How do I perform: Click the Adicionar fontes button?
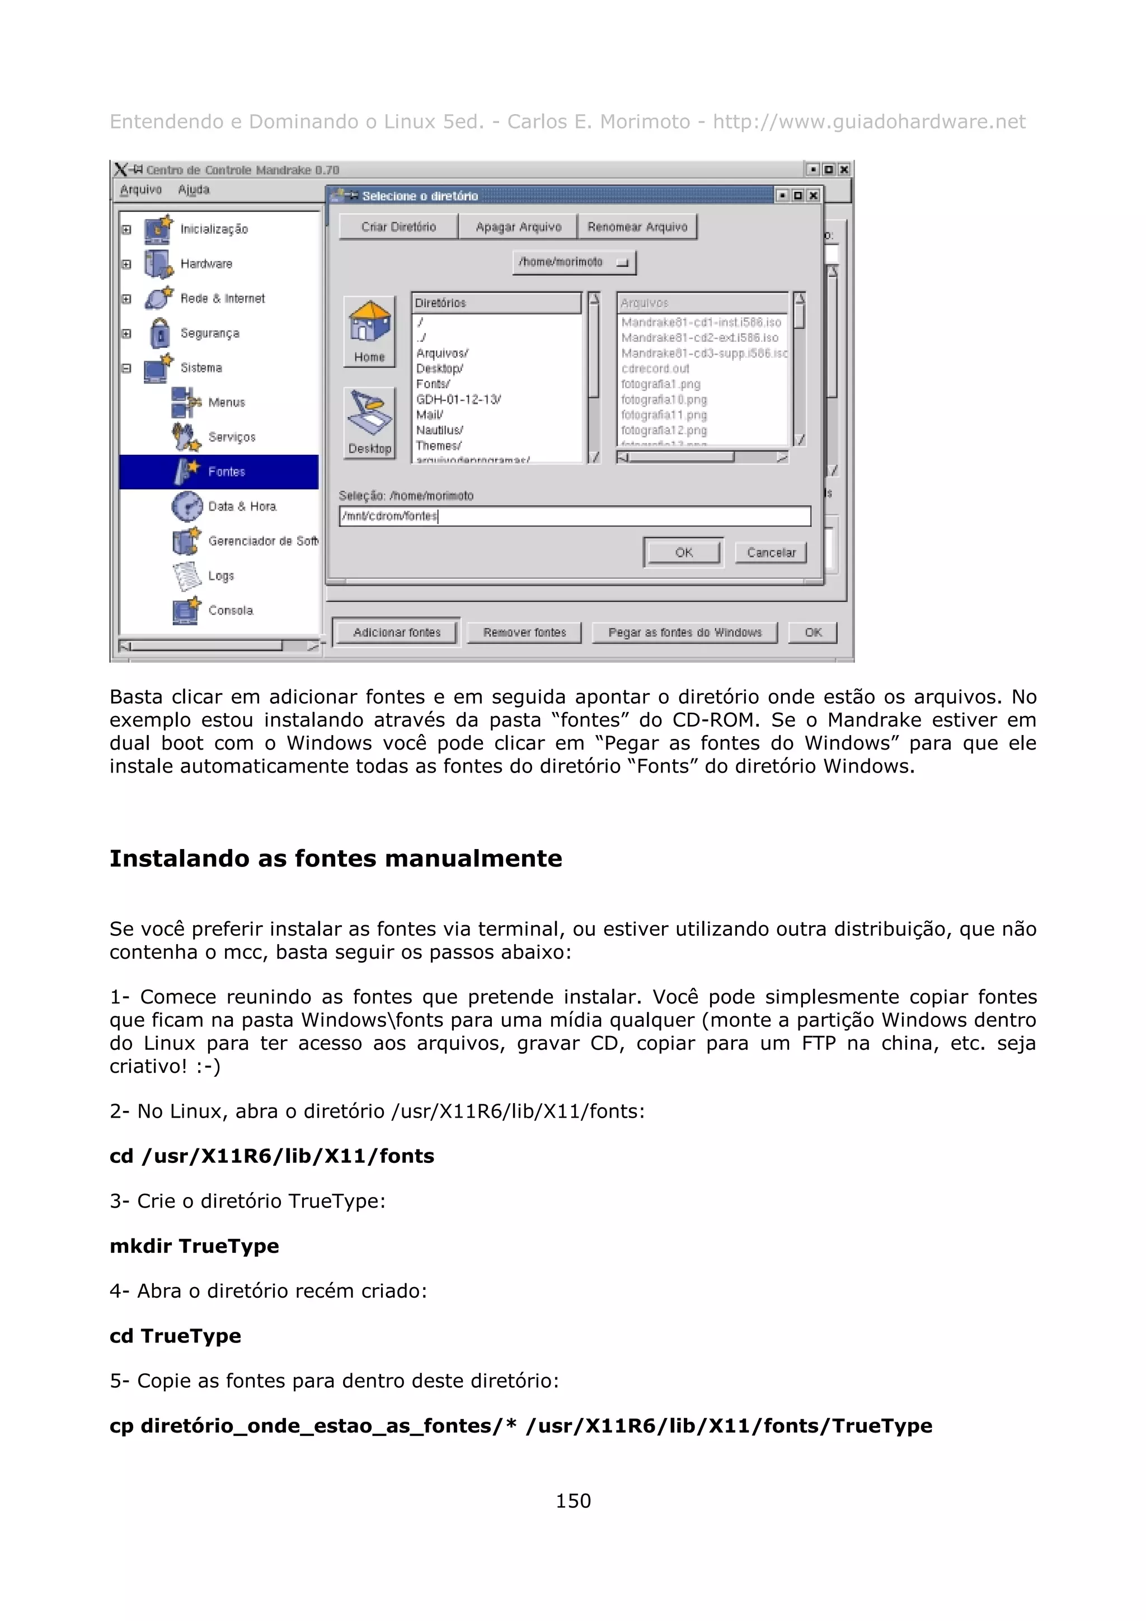[x=396, y=632]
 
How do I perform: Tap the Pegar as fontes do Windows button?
[x=684, y=632]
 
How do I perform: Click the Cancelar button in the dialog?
[x=771, y=552]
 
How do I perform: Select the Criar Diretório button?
[x=398, y=227]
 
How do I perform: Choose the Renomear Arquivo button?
[x=637, y=227]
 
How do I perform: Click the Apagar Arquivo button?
[x=518, y=227]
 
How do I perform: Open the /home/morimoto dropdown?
[x=574, y=262]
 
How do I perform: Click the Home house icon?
[x=369, y=323]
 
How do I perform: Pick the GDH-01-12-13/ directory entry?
[x=458, y=399]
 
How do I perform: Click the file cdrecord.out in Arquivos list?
[x=655, y=369]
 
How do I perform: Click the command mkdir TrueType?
[x=194, y=1246]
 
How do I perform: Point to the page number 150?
[x=572, y=1500]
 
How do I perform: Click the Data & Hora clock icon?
[x=187, y=506]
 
